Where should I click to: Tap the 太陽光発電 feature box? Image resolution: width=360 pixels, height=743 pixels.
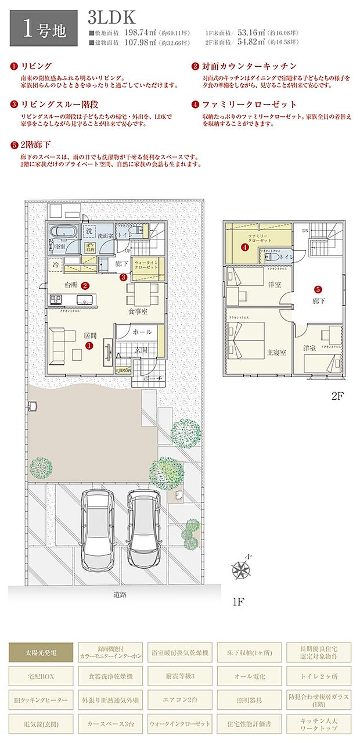click(41, 652)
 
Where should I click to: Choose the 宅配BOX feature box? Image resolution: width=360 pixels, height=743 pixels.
click(41, 676)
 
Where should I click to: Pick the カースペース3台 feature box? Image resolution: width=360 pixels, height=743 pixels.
click(110, 724)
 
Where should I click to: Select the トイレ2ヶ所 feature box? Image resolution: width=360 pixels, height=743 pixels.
click(319, 676)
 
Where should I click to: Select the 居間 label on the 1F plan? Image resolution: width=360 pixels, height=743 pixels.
click(89, 335)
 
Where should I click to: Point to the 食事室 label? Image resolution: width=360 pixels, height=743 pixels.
click(138, 311)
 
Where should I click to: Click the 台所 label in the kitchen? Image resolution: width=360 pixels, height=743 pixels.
click(71, 285)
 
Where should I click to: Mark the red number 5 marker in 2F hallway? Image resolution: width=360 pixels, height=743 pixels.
click(318, 289)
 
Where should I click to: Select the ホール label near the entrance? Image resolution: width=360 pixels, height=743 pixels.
click(142, 332)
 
